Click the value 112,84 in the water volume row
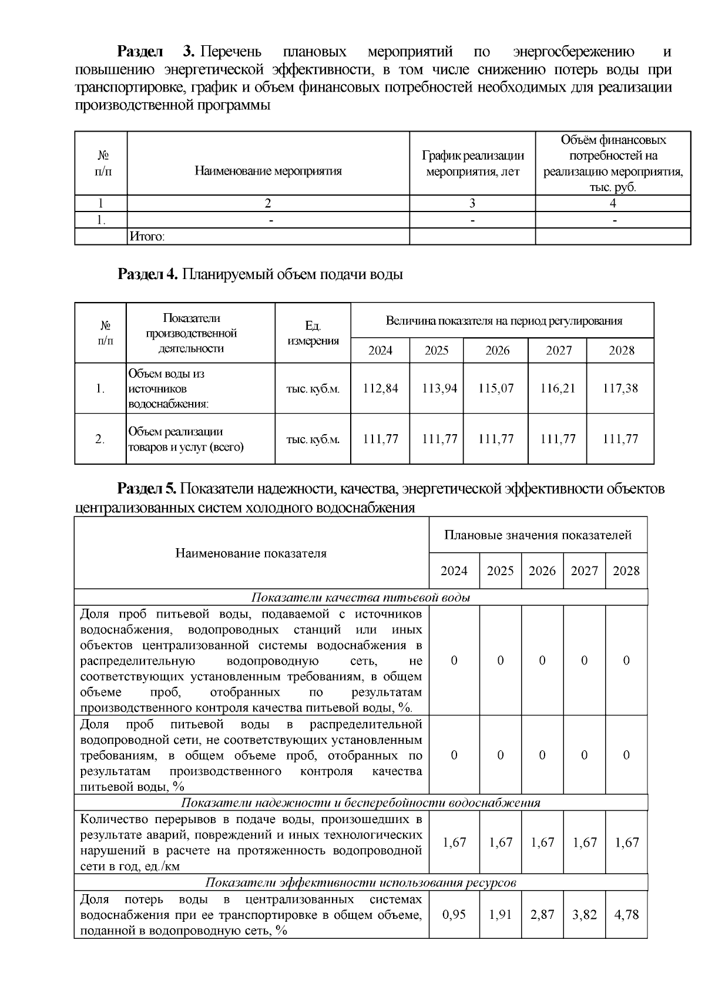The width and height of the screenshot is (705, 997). (380, 388)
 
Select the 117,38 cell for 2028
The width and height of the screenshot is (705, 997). (620, 388)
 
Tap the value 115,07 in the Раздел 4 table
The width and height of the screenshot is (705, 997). (496, 388)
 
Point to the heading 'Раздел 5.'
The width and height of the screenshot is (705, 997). (147, 489)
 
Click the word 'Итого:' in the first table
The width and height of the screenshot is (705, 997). (147, 237)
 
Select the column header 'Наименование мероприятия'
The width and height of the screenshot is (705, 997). (268, 172)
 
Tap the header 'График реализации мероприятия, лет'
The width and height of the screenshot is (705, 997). (472, 164)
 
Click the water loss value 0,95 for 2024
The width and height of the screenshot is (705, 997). (454, 915)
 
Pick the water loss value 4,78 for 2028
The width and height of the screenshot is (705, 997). (626, 915)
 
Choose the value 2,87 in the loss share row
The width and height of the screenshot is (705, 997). (542, 915)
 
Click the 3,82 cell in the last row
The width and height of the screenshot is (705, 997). (585, 915)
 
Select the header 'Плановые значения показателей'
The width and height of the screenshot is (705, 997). (538, 535)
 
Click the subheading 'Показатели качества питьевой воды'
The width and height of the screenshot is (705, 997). (361, 597)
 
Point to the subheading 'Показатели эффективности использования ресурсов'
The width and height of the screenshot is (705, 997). (361, 883)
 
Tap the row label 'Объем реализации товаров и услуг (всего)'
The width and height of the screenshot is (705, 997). (186, 439)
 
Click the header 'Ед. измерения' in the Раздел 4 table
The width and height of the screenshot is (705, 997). (313, 333)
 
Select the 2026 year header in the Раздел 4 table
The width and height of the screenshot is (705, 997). (497, 351)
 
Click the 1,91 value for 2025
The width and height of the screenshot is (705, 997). (501, 915)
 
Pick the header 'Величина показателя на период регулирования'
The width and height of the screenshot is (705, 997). (503, 321)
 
